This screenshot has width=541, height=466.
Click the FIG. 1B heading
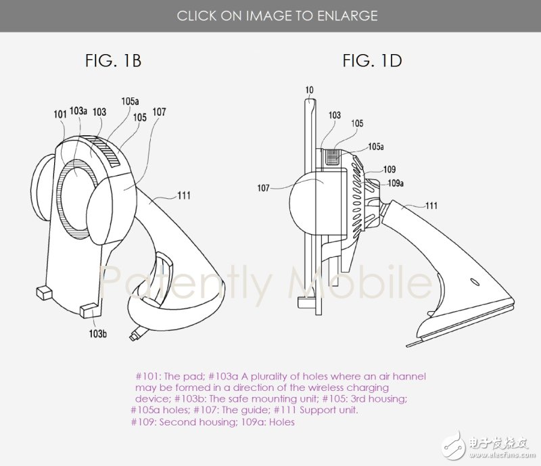[x=113, y=61]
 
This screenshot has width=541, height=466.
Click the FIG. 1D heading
[x=373, y=61]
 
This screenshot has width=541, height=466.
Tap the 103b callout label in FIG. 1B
[x=97, y=334]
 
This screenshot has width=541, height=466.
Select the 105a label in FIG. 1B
[x=130, y=101]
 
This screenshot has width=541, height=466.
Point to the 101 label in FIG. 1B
[x=60, y=114]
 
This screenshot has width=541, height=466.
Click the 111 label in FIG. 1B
[x=184, y=195]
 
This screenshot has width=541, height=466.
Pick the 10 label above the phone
[x=310, y=90]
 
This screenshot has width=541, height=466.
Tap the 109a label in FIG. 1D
[x=396, y=183]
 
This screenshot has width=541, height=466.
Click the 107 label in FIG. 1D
[x=263, y=188]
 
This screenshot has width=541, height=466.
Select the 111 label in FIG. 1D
[x=431, y=206]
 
